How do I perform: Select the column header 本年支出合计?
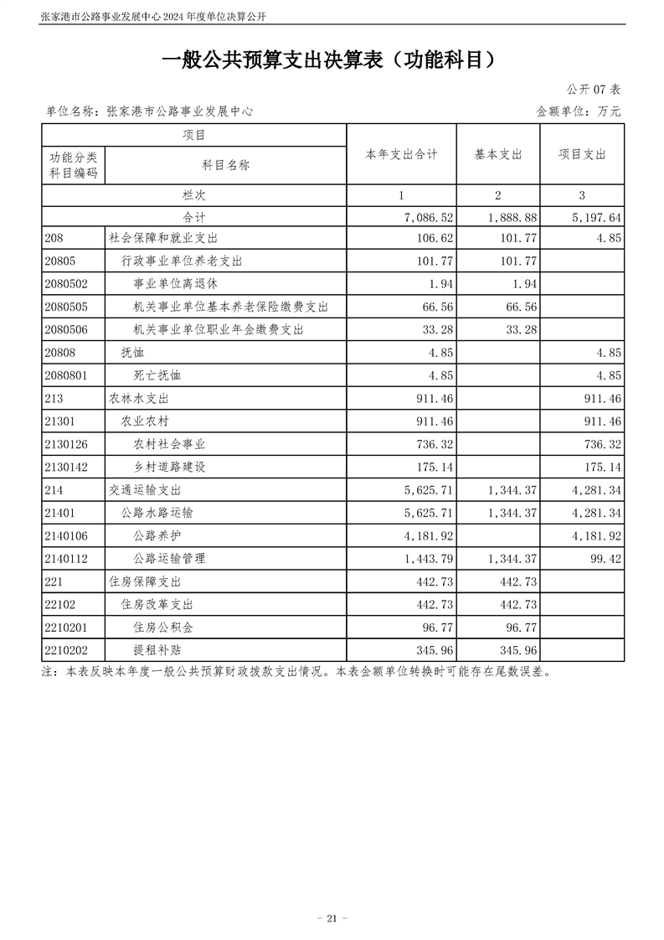(401, 154)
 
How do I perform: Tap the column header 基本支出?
(498, 154)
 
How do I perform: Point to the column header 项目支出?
(582, 154)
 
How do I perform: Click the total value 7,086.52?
(428, 217)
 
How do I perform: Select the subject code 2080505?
(69, 307)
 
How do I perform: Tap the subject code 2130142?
(69, 467)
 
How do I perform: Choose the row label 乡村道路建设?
(169, 467)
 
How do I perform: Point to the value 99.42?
(605, 557)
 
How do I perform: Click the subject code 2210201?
(69, 626)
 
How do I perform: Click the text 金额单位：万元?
(579, 111)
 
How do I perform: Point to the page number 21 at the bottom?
(332, 918)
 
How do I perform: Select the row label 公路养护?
(157, 535)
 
